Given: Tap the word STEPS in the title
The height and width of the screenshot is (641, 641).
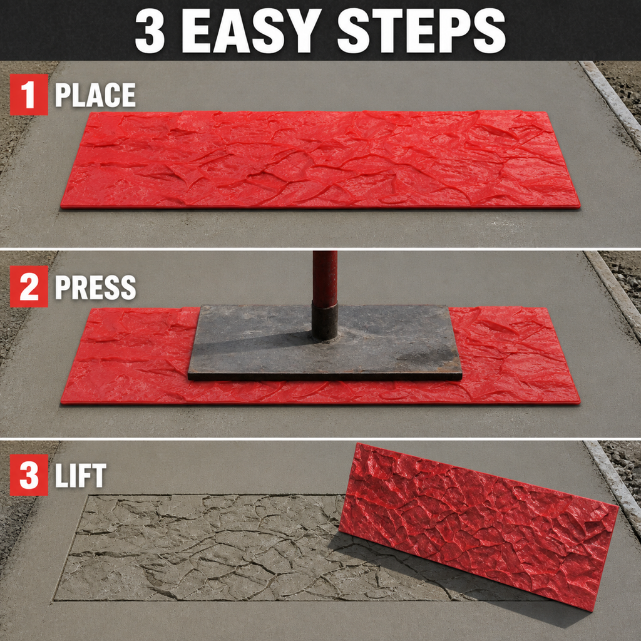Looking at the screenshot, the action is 421,30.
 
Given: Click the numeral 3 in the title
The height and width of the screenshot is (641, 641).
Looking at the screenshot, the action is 150,30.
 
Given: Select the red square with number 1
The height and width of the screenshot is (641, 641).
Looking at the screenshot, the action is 29,95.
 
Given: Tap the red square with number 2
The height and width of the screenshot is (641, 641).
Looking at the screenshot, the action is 29,286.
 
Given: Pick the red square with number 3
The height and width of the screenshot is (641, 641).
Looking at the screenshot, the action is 29,474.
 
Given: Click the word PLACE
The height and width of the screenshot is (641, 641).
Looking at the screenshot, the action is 95,95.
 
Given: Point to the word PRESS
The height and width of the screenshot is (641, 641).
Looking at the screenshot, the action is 95,287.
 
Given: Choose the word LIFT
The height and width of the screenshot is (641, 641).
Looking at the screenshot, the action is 81,475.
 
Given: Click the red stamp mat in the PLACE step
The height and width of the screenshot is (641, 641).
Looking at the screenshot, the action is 320,160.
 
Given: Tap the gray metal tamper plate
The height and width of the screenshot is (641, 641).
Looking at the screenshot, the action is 325,342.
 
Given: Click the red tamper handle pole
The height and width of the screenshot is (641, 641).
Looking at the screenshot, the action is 325,277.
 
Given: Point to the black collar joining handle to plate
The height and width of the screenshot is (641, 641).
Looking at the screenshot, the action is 325,321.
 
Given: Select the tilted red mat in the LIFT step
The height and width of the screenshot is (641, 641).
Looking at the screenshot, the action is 478,526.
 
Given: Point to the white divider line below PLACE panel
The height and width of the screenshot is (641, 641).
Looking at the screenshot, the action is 320,249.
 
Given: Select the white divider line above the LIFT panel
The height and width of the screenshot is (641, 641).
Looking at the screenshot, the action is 320,439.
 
